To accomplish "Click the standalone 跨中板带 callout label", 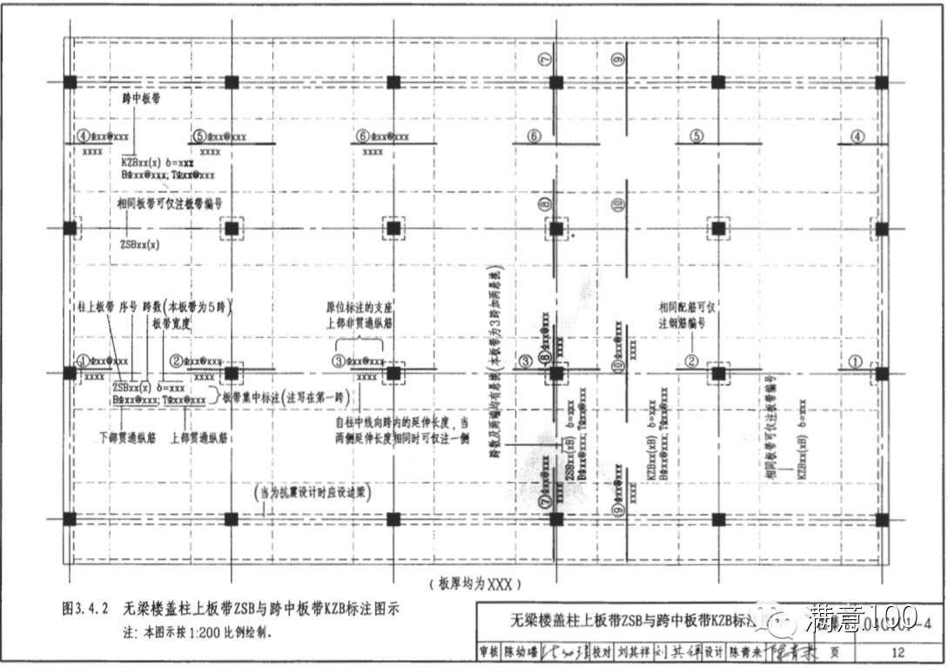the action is [x=142, y=100].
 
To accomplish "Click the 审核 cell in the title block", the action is [x=488, y=651].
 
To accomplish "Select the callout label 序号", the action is [x=129, y=307].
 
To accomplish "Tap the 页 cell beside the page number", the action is [x=835, y=651].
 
